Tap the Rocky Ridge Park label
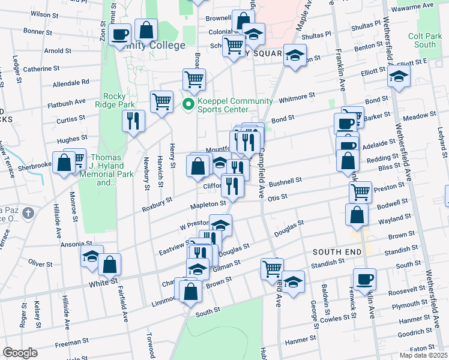point(118,100)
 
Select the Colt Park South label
point(425,40)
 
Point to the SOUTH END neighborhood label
point(336,251)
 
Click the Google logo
point(19,353)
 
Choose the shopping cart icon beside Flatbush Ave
point(161,101)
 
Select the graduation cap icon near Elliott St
point(398,76)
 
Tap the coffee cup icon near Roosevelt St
point(364,278)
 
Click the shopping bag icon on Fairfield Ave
point(110,263)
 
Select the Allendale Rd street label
point(71,83)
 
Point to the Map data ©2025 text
point(423,356)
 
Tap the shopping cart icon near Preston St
point(360,192)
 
